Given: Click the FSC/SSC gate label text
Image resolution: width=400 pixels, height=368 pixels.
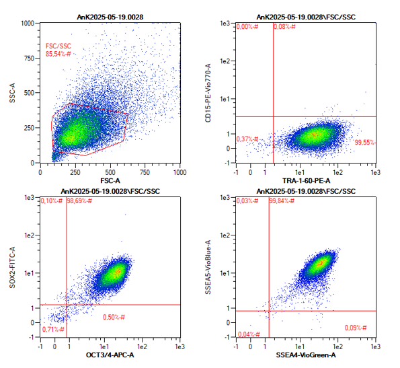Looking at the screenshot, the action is click(58, 46).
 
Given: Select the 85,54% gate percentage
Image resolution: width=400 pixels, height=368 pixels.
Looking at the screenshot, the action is click(58, 54).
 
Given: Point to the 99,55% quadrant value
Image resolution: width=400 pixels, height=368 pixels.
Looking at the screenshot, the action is click(365, 143).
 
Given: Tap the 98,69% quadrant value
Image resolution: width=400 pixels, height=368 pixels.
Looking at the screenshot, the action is click(79, 201).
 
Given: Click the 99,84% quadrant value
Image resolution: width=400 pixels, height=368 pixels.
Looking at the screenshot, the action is click(282, 201).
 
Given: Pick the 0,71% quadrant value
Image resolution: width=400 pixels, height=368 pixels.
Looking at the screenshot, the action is click(53, 330).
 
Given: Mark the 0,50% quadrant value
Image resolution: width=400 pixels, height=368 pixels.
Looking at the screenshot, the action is click(114, 318).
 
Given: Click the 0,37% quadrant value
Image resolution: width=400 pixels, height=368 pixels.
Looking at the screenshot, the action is click(247, 139).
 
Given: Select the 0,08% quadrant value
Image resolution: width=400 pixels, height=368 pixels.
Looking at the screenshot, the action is click(284, 26).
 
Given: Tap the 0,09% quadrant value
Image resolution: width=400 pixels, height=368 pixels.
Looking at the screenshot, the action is click(356, 328).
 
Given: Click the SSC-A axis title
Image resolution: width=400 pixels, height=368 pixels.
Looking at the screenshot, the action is click(12, 93).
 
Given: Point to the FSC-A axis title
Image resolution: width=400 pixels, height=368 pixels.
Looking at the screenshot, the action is click(110, 181).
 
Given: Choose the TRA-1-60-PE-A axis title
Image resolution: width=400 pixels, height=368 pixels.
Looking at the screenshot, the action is click(306, 181).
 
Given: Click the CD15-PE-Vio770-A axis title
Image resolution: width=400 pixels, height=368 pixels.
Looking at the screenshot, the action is click(208, 93).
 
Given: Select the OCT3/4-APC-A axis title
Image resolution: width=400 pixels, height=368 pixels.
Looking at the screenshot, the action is click(110, 355).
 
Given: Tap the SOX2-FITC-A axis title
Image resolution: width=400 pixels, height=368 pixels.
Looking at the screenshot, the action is click(12, 267).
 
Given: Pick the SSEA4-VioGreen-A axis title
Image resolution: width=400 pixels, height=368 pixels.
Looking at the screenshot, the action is click(306, 355).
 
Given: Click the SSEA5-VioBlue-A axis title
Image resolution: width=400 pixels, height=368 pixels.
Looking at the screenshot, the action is click(208, 267).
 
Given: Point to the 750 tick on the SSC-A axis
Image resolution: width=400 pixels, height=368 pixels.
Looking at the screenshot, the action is click(29, 58).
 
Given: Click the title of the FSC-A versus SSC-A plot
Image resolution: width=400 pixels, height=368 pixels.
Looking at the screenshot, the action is click(110, 17).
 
